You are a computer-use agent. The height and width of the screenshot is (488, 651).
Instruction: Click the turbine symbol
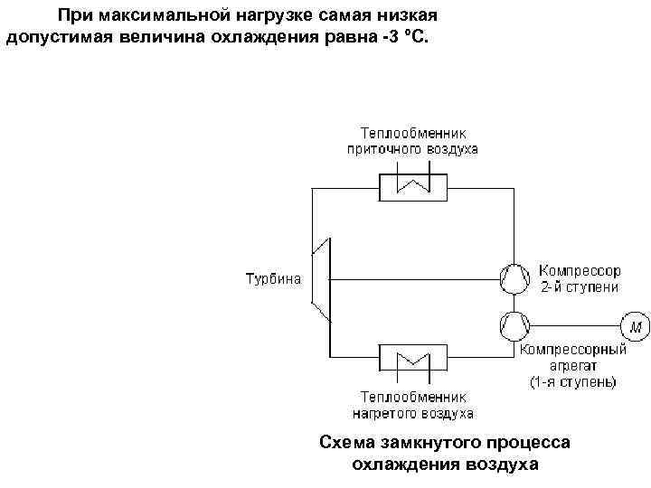point(322,278)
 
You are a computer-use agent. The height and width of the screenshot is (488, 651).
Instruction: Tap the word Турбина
point(273,278)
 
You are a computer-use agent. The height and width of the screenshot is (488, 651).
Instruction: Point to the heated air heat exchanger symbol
point(412,359)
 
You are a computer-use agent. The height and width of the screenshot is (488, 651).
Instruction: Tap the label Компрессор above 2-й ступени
point(580,270)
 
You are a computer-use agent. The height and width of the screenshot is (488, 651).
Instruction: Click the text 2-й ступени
point(580,286)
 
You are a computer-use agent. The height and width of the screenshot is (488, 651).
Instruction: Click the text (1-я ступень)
point(573,382)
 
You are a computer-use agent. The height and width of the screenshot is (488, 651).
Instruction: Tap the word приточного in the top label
point(380,148)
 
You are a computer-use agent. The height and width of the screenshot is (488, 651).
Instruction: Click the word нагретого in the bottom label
point(382,413)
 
